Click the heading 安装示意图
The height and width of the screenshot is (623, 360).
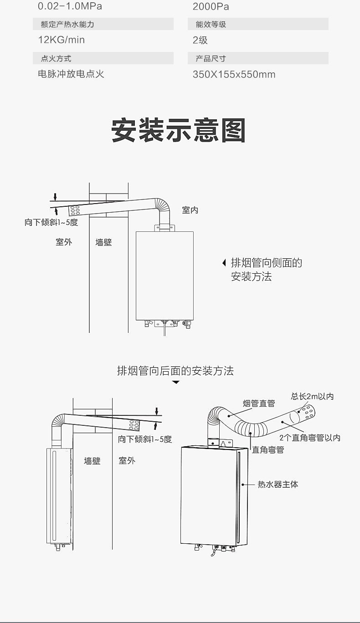click(179, 131)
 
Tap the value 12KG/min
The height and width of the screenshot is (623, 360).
click(61, 40)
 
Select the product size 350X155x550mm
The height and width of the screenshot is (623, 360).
click(234, 74)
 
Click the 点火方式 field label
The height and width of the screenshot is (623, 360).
click(56, 58)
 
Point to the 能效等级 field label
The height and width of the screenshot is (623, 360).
click(211, 24)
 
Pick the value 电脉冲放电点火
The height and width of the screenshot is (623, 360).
click(71, 74)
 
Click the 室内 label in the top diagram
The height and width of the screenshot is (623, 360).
click(190, 210)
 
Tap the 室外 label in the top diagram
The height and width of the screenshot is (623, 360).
click(64, 242)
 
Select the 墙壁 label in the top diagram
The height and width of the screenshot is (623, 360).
click(103, 242)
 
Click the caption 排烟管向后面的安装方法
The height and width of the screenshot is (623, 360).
click(175, 371)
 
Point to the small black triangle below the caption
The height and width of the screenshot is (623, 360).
click(176, 383)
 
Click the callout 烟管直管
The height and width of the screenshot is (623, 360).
click(259, 403)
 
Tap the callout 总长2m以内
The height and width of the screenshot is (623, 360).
click(313, 396)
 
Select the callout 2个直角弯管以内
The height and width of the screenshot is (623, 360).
click(310, 438)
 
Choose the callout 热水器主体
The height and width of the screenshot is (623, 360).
click(278, 485)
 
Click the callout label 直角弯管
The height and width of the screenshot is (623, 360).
click(268, 449)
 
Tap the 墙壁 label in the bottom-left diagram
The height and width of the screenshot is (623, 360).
click(92, 461)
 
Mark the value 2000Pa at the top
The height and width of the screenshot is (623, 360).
click(211, 6)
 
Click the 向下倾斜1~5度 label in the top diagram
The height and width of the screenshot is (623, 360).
click(51, 223)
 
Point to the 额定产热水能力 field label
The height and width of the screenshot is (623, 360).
click(67, 24)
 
